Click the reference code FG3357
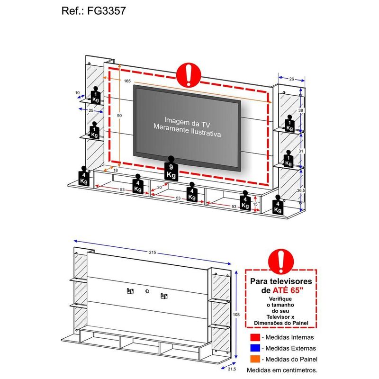coord(106,11)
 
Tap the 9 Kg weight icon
coord(171,169)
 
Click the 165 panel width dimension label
coord(127,81)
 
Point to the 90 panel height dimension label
coord(119,116)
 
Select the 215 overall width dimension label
coord(153,253)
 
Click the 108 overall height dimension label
coord(236,315)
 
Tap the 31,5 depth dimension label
coord(232,369)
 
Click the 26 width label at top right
coord(291,79)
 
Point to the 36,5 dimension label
coord(301,190)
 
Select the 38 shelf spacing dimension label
coord(300,110)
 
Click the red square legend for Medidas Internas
coord(255,337)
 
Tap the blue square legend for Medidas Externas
coord(255,348)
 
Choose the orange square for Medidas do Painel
coord(255,359)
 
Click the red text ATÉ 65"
coord(288,290)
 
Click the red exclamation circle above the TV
coord(189,75)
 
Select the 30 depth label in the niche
coord(159,187)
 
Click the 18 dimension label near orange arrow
coord(116,170)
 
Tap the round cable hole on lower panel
coord(147,291)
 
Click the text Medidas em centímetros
coord(282,370)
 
